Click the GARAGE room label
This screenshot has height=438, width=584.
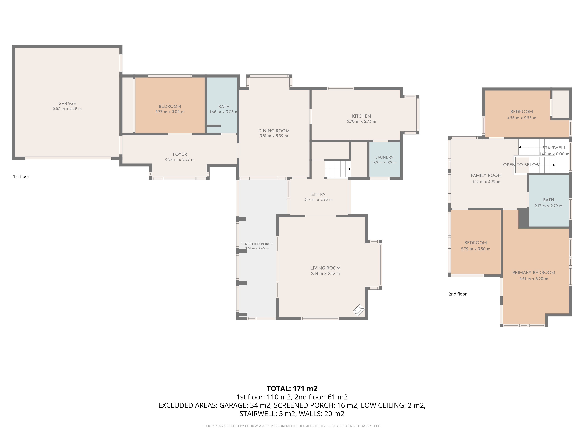67,104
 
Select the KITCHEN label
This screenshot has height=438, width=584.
361,116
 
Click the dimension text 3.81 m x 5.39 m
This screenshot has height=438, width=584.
274,136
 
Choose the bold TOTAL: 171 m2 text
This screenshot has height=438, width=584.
292,389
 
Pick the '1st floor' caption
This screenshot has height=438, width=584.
21,176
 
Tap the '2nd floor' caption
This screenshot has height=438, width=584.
458,294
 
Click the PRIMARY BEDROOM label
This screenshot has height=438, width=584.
534,272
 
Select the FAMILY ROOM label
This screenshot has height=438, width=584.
486,175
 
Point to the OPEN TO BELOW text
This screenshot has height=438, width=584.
521,165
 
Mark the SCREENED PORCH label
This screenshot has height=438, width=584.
257,244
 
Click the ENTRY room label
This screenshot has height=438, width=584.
318,194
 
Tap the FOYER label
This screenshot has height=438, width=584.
180,154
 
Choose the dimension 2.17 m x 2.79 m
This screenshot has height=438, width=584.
548,206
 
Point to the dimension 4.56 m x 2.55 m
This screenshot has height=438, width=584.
521,118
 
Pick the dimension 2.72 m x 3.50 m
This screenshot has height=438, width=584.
476,249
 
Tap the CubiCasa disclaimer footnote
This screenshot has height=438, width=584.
292,426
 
